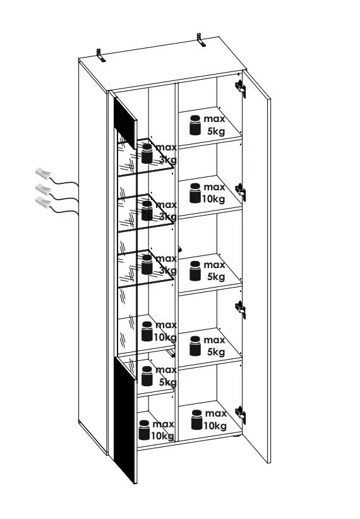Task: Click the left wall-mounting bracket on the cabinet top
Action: coord(100,55)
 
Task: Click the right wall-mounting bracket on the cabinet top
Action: coord(201,40)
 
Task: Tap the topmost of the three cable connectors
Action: coord(44,173)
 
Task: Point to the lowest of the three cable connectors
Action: coord(44,201)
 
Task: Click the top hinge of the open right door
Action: coord(241,89)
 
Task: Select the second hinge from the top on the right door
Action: coord(241,192)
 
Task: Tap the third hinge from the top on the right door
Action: coord(241,310)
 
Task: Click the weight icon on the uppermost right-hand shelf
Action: coord(195,125)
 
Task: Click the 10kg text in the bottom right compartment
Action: coord(215,425)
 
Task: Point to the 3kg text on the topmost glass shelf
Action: coord(168,160)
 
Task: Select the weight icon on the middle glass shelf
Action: coord(147,211)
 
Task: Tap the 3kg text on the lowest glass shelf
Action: coord(168,271)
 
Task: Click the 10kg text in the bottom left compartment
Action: coord(162,436)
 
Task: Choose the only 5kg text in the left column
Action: coord(168,382)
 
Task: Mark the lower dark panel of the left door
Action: coord(125,420)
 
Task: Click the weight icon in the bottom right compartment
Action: coord(196,420)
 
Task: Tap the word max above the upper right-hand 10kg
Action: coord(214,187)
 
